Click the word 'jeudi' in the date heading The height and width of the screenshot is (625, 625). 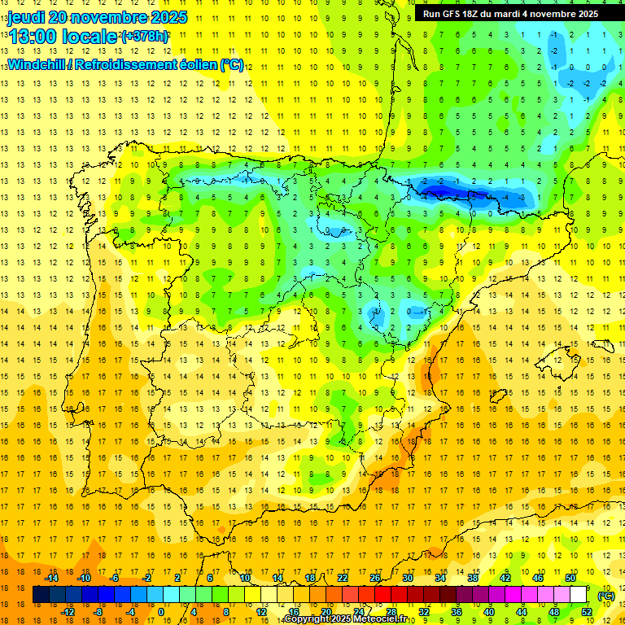click(x=28, y=17)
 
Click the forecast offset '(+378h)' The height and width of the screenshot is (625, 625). click(x=145, y=36)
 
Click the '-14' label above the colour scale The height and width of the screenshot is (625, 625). click(x=51, y=579)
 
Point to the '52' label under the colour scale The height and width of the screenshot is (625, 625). click(x=587, y=612)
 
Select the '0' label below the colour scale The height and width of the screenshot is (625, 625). click(x=161, y=612)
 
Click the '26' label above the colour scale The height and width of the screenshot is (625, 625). click(x=374, y=579)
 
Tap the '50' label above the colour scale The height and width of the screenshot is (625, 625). click(x=570, y=579)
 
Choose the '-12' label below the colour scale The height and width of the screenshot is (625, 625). click(x=68, y=612)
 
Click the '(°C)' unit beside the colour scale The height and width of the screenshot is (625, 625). click(x=605, y=595)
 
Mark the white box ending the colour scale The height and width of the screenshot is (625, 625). click(x=579, y=595)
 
